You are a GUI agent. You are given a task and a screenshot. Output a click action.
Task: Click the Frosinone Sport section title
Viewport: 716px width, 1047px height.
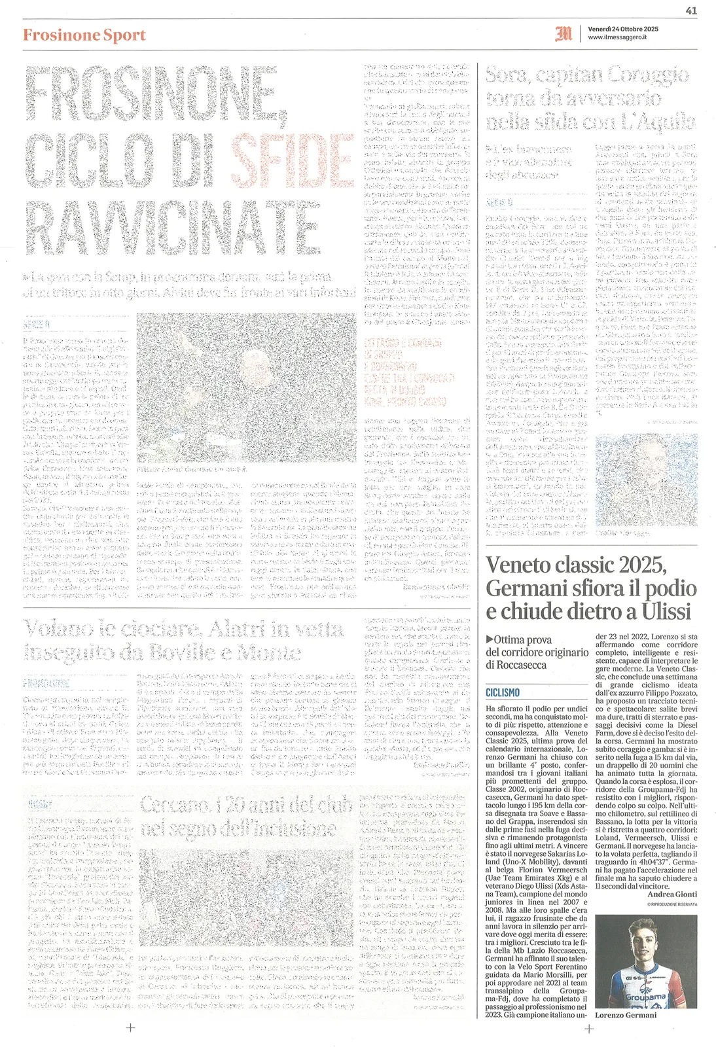84,35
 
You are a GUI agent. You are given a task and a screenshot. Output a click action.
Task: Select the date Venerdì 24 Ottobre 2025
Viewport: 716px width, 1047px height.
622,29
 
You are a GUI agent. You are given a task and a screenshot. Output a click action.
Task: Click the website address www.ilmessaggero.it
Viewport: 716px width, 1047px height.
617,38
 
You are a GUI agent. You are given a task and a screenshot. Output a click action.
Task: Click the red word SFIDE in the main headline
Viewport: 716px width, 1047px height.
293,159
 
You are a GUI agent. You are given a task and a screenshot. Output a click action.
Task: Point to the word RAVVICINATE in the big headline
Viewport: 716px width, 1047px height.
171,227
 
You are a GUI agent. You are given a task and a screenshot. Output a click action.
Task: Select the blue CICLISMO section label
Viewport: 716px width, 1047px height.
503,692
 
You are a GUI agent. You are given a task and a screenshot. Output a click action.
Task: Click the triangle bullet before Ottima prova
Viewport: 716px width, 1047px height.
490,639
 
